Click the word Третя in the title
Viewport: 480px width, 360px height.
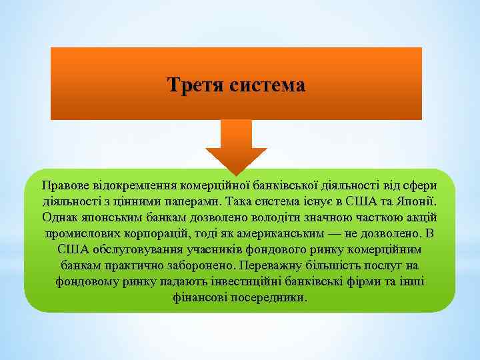click(x=195, y=86)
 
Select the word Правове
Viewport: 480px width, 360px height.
click(x=66, y=185)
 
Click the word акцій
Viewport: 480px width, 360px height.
click(x=420, y=217)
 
